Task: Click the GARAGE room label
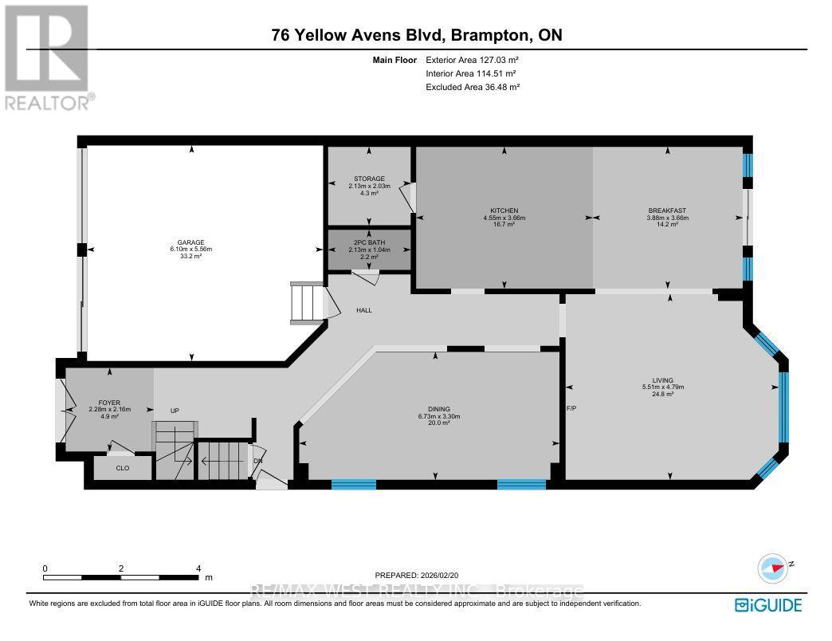click(x=191, y=242)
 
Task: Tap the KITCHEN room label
click(x=504, y=210)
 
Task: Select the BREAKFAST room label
click(x=668, y=210)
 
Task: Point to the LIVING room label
click(x=662, y=380)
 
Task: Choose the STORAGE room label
click(x=369, y=179)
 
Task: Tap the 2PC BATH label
click(x=369, y=242)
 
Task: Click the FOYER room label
click(x=108, y=403)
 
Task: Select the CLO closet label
click(x=123, y=468)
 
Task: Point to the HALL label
click(x=364, y=310)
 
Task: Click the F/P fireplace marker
click(x=571, y=407)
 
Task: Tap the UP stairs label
click(x=175, y=411)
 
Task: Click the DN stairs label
click(x=257, y=460)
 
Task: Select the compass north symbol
click(x=775, y=568)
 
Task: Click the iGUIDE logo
click(x=768, y=604)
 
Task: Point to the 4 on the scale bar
click(x=198, y=568)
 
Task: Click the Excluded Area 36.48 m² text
click(x=473, y=87)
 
